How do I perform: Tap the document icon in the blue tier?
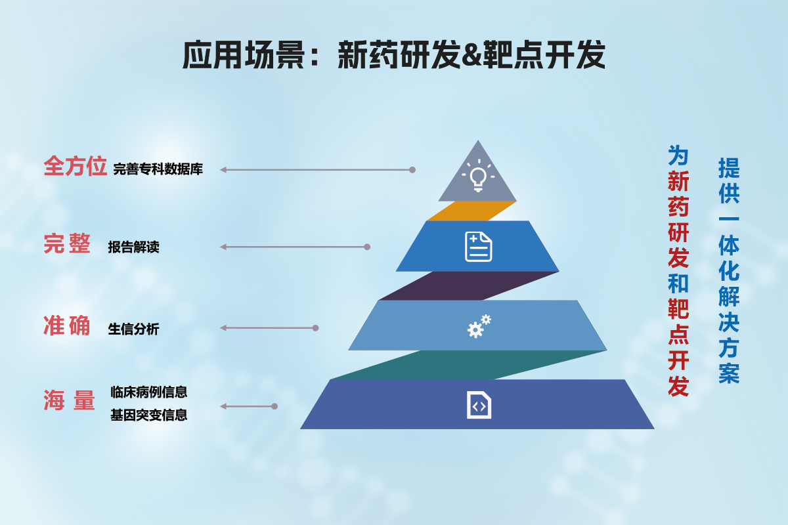(479, 247)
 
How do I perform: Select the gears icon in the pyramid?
(479, 326)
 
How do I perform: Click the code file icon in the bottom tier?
(479, 405)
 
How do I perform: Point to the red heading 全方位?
(76, 166)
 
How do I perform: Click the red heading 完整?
(67, 243)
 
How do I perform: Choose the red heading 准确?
(67, 325)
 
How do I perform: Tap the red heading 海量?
(70, 400)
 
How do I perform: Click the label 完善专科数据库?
(158, 169)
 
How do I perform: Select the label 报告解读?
(134, 247)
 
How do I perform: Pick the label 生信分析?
(134, 329)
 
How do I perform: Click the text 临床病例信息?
(149, 392)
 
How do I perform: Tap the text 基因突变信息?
(149, 415)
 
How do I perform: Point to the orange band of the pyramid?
(471, 211)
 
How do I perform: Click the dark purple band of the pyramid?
(470, 285)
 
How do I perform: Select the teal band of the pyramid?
(470, 365)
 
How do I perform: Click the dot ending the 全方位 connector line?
(412, 170)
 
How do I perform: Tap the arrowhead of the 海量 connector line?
(223, 406)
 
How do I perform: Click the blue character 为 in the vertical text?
(678, 155)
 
